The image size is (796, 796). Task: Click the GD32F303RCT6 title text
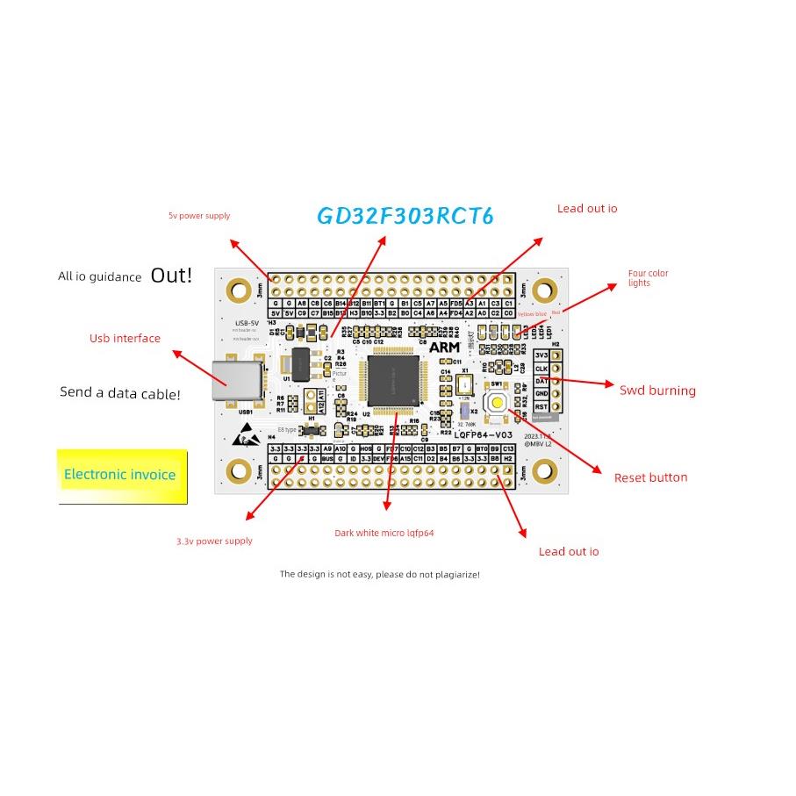coord(405,217)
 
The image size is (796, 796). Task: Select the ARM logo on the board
coord(445,347)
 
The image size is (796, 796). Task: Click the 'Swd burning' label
coord(657,391)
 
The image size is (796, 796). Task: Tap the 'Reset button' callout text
coord(650,477)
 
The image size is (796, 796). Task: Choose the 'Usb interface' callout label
coord(125,338)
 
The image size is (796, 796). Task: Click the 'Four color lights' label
coord(648,278)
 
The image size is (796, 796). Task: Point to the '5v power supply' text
coord(199,216)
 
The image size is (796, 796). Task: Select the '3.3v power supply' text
coord(214,541)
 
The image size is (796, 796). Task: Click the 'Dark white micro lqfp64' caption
coord(384,533)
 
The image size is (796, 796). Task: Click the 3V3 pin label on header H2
coord(541,355)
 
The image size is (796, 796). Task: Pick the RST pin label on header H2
coord(541,406)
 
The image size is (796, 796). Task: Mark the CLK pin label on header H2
coord(541,369)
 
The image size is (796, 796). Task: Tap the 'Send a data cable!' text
coord(120,393)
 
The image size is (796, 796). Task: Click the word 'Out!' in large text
coord(171,275)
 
